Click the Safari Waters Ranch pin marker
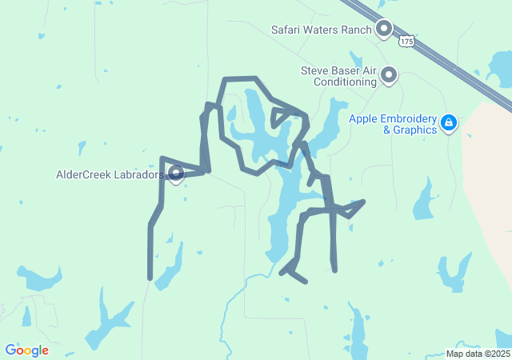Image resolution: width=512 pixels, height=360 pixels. click(x=384, y=29)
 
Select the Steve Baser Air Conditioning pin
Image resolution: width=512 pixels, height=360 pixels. click(x=389, y=75)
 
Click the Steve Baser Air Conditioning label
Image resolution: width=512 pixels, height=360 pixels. click(x=338, y=76)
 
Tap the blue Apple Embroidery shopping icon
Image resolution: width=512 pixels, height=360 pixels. click(x=449, y=123)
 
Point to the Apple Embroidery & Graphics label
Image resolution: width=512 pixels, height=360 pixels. click(x=394, y=123)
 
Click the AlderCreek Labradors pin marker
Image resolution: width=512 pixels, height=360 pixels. click(x=176, y=173)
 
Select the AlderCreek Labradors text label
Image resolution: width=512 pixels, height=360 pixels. click(x=110, y=174)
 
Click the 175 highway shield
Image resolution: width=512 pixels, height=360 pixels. click(x=408, y=39)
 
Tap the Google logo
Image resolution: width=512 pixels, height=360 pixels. click(x=26, y=350)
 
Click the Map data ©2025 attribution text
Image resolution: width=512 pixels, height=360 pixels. click(x=478, y=354)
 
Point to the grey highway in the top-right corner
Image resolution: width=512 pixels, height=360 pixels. click(x=448, y=56)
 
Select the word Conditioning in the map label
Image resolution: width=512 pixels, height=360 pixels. click(x=345, y=82)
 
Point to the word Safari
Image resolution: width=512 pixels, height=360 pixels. click(x=289, y=30)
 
